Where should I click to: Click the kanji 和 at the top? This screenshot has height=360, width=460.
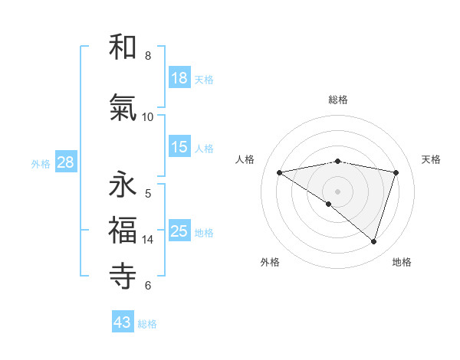[x=123, y=47]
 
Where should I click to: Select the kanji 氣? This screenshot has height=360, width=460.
[x=123, y=108]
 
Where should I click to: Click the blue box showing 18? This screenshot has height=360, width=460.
[x=179, y=78]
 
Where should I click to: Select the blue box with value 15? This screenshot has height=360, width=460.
[x=179, y=147]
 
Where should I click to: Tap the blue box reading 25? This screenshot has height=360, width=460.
[x=179, y=231]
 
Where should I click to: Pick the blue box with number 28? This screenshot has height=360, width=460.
[x=64, y=162]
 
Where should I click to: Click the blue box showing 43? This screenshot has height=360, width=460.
[x=123, y=322]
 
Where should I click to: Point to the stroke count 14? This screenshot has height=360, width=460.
[x=148, y=240]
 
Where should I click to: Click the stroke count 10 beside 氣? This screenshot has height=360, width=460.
[x=148, y=116]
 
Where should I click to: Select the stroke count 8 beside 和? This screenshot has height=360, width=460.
[x=148, y=56]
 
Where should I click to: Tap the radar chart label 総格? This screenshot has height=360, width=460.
[x=338, y=100]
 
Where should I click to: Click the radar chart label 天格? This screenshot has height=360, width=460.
[x=431, y=159]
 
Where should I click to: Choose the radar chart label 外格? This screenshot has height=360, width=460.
[x=270, y=262]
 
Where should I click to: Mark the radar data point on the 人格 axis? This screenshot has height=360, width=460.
[x=280, y=172]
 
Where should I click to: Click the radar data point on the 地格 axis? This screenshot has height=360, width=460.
[x=373, y=241]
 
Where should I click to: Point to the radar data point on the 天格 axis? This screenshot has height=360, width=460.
[x=396, y=172]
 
